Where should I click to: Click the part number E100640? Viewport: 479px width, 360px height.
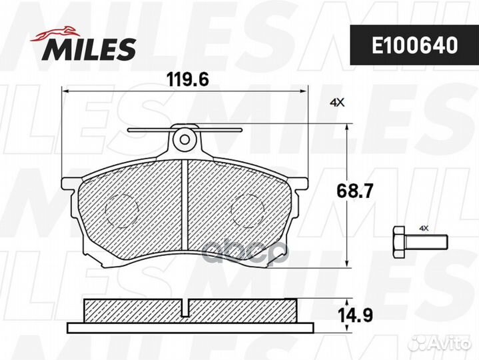(x=415, y=45)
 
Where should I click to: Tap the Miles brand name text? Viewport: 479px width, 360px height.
(x=89, y=49)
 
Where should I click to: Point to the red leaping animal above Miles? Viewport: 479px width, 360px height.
(x=55, y=33)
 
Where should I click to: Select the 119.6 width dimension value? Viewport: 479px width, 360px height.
(x=188, y=80)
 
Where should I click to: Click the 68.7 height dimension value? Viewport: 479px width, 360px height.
(x=354, y=191)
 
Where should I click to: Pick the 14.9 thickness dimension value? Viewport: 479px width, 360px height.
(x=355, y=315)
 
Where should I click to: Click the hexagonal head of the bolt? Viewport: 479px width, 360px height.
(x=399, y=242)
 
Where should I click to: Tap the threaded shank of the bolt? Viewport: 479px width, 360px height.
(x=426, y=242)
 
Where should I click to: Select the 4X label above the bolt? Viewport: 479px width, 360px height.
(x=424, y=228)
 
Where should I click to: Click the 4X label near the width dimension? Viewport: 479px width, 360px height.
(x=337, y=103)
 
